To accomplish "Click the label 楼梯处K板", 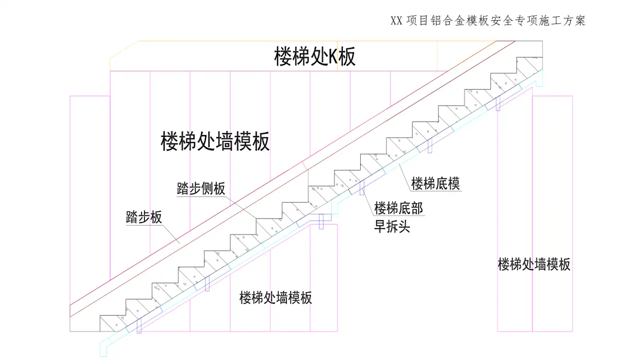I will point(315,57).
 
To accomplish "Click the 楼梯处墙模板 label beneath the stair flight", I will point(276,297).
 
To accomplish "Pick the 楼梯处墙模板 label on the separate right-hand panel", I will point(534,265).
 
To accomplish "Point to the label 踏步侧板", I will point(201,189).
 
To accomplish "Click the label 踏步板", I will point(144,217).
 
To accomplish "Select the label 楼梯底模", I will point(436,183).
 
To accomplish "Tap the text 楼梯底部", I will point(398,208).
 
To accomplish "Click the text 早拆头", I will point(392,226).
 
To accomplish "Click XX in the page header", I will point(396,21).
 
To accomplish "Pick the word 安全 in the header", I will point(507,21).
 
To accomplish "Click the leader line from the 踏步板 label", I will point(171,233).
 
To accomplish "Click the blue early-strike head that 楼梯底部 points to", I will point(362,188).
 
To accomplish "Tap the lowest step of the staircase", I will point(113,323).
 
